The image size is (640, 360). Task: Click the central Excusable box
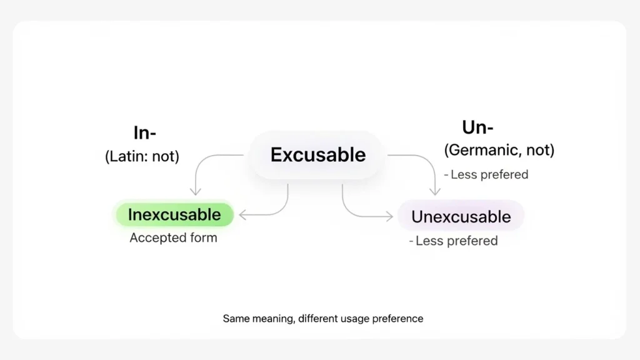coord(317,155)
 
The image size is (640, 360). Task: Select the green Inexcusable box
coord(174,215)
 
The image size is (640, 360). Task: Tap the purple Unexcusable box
coord(461,217)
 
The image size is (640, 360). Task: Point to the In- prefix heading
coord(144,132)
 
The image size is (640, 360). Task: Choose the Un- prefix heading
coord(477,127)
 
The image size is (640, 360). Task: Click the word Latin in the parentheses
coord(127,156)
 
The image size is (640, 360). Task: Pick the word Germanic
coord(482,150)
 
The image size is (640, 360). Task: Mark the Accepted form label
coord(173,238)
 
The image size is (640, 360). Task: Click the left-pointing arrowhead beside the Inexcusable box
coord(242,215)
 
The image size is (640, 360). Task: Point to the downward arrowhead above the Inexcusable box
coord(196,191)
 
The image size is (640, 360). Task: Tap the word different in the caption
coord(319,319)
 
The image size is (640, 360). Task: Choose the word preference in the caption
coord(397,319)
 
